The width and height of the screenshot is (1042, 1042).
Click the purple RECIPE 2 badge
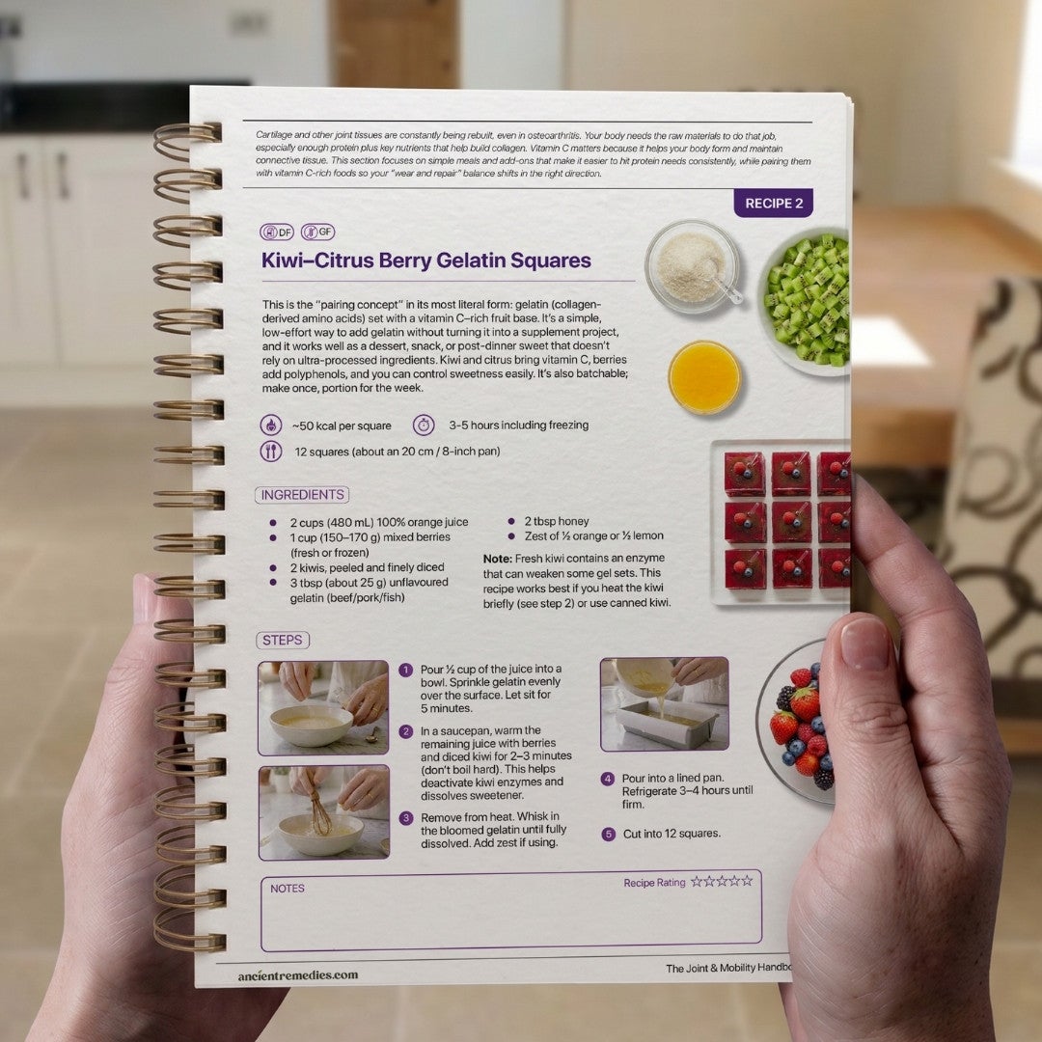click(x=773, y=204)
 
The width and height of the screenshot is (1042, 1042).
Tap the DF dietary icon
click(x=277, y=232)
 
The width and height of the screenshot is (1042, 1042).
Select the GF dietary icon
click(x=317, y=232)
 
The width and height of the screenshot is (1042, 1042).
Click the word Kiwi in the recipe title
click(x=282, y=260)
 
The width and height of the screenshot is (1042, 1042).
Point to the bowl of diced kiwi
click(x=806, y=300)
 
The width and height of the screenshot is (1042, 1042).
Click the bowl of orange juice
click(x=704, y=377)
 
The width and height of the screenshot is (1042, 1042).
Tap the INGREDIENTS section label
click(x=302, y=495)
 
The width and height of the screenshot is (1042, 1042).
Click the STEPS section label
click(x=283, y=640)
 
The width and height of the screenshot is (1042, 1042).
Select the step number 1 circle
click(x=405, y=670)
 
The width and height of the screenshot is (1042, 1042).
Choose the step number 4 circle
click(x=608, y=779)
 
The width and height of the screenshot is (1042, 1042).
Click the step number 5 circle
click(x=608, y=834)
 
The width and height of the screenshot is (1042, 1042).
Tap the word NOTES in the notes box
click(x=288, y=889)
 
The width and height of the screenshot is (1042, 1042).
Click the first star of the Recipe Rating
click(x=697, y=881)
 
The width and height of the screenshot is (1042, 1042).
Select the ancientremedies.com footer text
click(x=298, y=975)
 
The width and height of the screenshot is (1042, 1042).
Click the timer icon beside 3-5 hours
click(x=424, y=425)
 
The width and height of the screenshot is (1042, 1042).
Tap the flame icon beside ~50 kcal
click(x=270, y=425)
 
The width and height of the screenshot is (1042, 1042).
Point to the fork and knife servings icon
click(x=270, y=452)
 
